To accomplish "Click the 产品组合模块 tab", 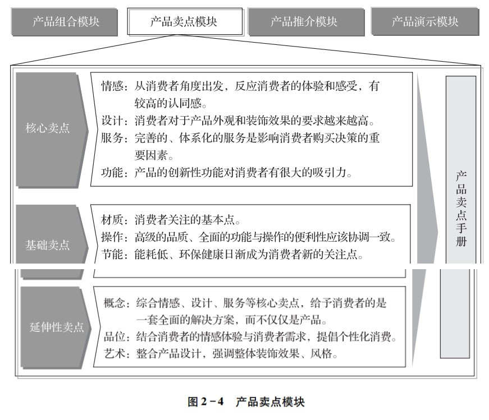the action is point(64,22).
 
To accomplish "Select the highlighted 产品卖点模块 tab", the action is point(185,21).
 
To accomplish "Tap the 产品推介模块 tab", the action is point(306,22).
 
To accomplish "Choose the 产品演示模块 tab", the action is point(425,22).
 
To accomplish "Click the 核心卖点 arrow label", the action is point(47,128).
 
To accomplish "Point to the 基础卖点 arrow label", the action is point(47,245).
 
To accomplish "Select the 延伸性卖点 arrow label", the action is point(57,327).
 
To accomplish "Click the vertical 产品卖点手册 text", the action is point(461,209).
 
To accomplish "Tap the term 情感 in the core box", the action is point(112,86).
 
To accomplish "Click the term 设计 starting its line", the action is point(112,121).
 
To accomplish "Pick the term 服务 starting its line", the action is point(112,138).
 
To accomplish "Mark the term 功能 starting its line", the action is point(112,172).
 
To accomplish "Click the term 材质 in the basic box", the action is point(112,220).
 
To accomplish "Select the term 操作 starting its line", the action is point(112,237).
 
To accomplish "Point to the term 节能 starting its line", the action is point(112,254).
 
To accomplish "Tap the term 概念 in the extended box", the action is point(115,303).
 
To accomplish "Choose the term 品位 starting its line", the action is point(115,337).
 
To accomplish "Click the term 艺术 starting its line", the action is point(115,354).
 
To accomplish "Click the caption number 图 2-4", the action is point(206,401).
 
